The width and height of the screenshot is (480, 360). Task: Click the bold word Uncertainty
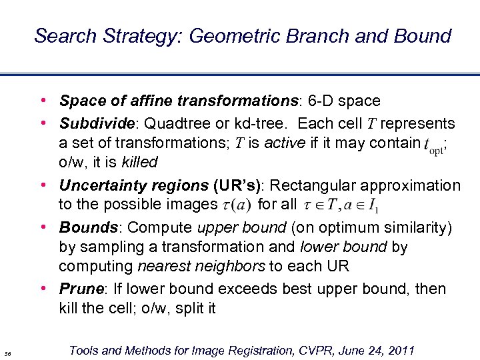[100, 185]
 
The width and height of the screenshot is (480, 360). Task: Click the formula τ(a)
[237, 205]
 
